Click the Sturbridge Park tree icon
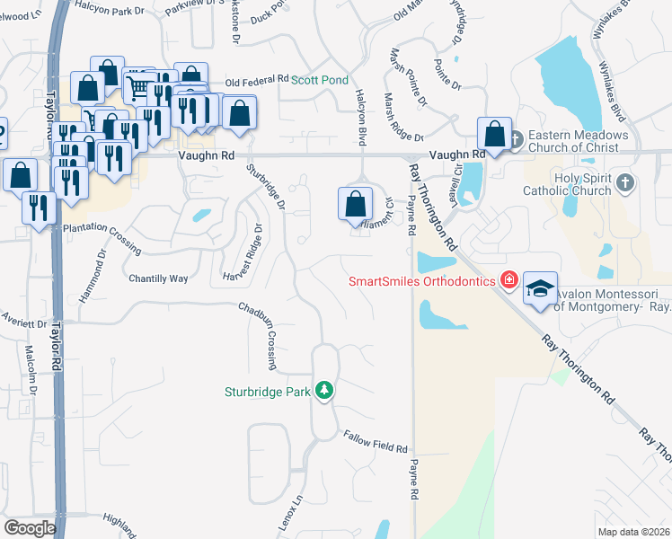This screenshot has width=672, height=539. (324, 391)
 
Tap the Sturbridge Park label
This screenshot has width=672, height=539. (267, 391)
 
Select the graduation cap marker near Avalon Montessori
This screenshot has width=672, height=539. (540, 288)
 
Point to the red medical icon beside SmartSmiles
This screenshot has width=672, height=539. (508, 280)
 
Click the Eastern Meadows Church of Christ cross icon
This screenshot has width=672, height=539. (517, 139)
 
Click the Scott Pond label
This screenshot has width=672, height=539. (319, 80)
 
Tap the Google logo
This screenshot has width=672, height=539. (30, 528)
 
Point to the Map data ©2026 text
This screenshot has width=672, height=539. (633, 532)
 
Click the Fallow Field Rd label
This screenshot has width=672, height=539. (376, 441)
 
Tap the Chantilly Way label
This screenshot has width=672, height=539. (158, 278)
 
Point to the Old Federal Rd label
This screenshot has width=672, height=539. (256, 80)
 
